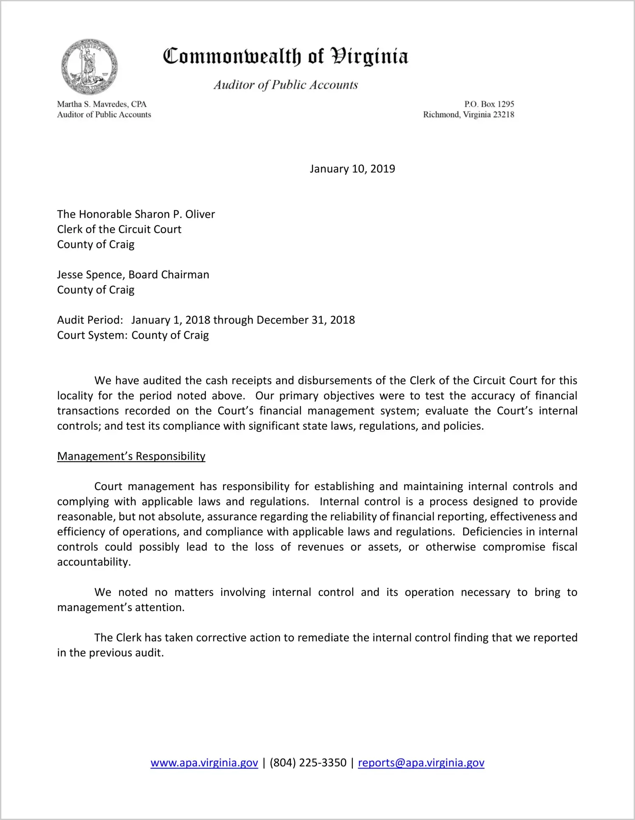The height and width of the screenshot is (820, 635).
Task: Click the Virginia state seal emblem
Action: coord(89,67)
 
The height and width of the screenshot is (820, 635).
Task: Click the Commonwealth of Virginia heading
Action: coord(285,56)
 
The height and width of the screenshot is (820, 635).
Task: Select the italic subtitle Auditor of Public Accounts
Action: coord(286,85)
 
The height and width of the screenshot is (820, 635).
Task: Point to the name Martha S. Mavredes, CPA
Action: coord(102,104)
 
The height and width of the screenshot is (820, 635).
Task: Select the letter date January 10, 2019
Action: coord(352,169)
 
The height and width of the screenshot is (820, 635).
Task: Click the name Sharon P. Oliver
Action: coord(175,214)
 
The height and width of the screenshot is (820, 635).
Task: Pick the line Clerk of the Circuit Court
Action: coord(119,229)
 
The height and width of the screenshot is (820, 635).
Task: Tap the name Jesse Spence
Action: coord(91,275)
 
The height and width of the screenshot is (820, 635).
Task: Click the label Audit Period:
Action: coord(90,320)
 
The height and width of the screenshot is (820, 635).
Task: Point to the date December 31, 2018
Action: coord(306,320)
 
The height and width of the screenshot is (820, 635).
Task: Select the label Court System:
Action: coord(92,335)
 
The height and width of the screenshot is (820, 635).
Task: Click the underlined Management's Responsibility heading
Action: coord(131,456)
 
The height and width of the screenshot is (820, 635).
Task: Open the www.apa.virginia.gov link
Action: coord(204,763)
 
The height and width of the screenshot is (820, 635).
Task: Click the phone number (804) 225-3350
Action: coord(308,763)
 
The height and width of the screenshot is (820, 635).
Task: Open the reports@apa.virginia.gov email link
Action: coord(421,763)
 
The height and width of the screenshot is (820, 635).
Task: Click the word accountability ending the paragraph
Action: coord(93,562)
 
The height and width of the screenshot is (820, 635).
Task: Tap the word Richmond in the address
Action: coord(441,115)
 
